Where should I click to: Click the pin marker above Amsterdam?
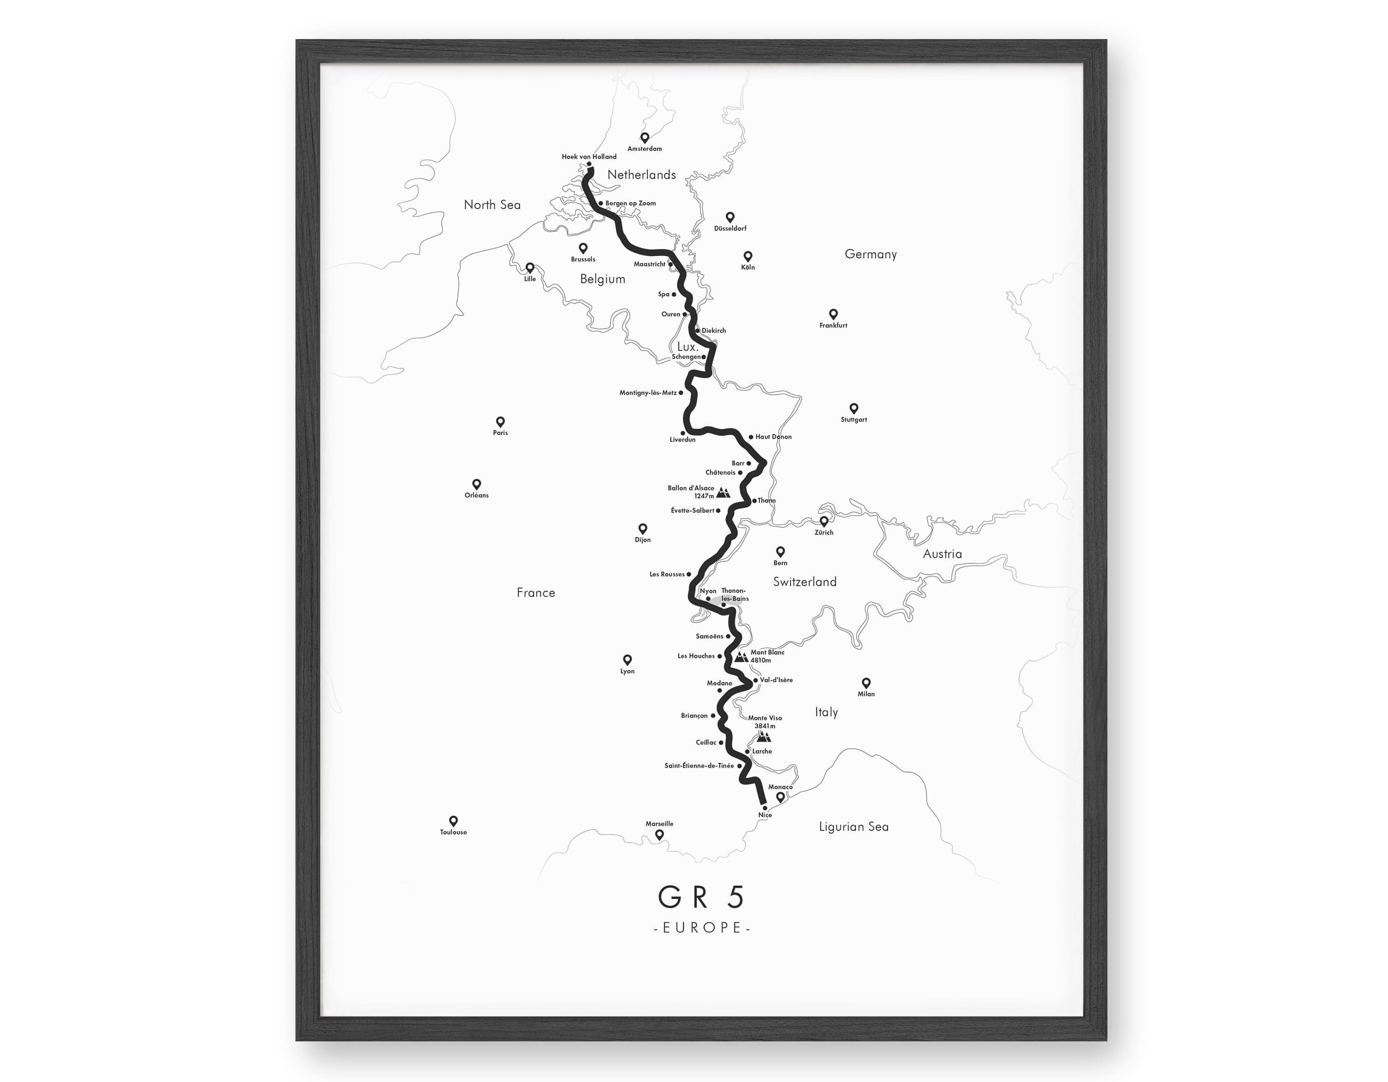point(644,137)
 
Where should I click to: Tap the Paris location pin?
point(500,421)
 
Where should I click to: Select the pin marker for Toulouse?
point(453,821)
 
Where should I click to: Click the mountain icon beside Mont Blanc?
point(741,657)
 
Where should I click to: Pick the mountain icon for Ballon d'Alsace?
point(723,492)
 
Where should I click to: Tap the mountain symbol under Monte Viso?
point(764,737)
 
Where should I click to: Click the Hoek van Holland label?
point(589,156)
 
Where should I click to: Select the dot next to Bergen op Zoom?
point(601,203)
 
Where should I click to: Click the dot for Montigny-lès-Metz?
point(681,393)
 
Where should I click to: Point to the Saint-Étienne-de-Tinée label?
point(699,766)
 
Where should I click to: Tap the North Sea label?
point(492,205)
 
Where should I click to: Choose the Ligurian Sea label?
point(853,826)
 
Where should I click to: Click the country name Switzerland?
point(805,581)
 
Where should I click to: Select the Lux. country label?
point(688,347)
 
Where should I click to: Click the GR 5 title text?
point(701,897)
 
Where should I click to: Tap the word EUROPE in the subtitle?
point(702,928)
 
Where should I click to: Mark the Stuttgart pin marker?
point(853,408)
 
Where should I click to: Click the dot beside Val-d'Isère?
point(756,680)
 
